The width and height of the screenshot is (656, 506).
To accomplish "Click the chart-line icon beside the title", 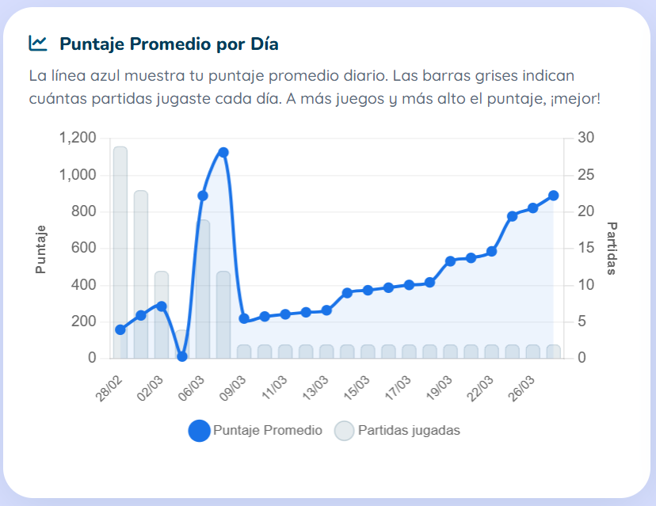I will (37, 44).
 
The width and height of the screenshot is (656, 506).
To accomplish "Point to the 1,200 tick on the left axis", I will (78, 139).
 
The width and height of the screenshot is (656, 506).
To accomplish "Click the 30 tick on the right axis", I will (585, 139).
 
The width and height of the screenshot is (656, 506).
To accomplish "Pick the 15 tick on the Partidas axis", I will (585, 249).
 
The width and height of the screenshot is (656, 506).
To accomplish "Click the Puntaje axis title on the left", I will (41, 249).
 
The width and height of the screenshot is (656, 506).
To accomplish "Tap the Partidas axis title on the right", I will (612, 248).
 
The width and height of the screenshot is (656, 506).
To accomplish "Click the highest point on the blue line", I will (223, 152).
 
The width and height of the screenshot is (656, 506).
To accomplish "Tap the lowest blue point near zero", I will (182, 356).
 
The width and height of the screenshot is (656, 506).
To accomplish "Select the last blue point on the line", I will (554, 196).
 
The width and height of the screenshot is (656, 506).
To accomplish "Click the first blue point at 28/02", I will (120, 329).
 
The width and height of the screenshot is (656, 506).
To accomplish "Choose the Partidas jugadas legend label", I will (409, 431).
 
